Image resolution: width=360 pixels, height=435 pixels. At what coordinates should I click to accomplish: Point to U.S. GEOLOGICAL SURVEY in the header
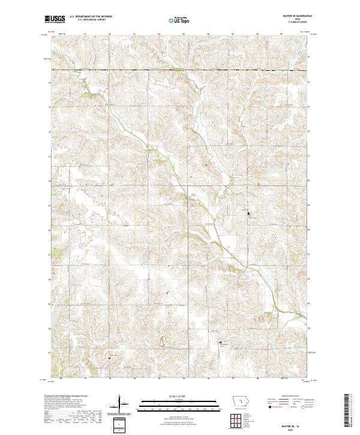[85, 19]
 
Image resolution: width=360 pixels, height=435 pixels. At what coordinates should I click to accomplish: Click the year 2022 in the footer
[298, 427]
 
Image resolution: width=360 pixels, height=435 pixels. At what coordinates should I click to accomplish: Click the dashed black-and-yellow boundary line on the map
[180, 70]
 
